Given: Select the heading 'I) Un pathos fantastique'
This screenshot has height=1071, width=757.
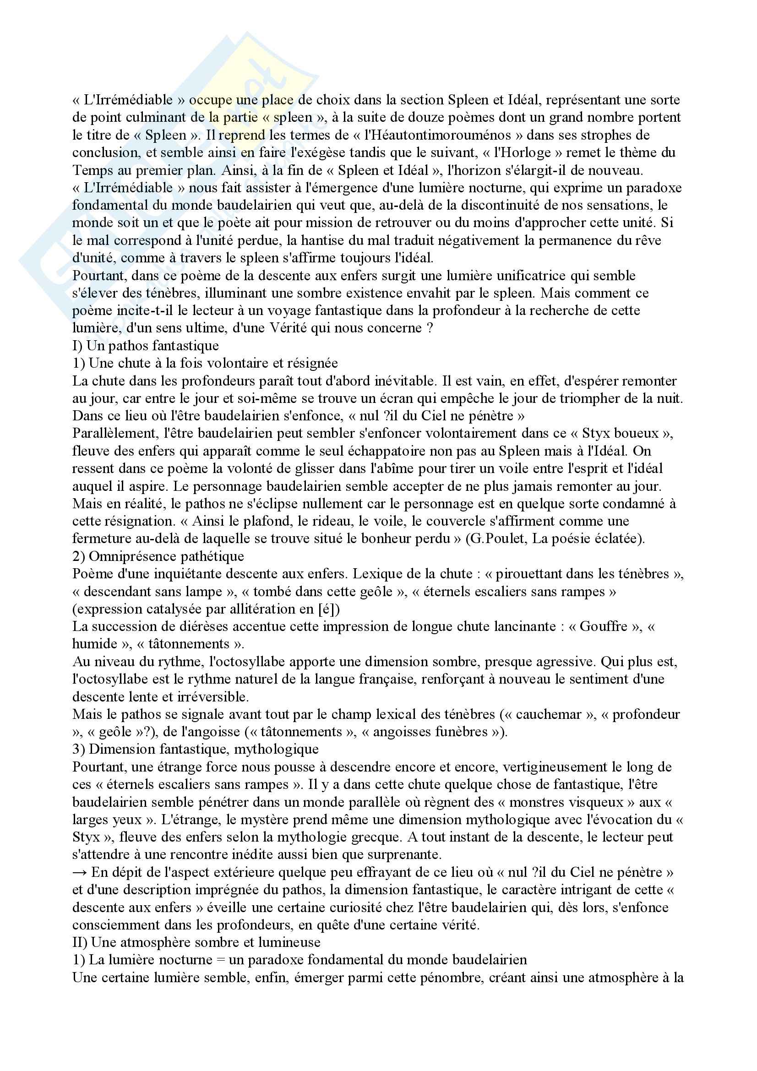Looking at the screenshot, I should point(146,346).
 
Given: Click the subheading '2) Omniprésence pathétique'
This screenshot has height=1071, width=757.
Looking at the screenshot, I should point(158,556).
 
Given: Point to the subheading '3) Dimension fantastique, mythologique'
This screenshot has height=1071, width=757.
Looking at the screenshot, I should point(196,749).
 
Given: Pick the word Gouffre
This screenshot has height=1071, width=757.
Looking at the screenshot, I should point(603,626).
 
